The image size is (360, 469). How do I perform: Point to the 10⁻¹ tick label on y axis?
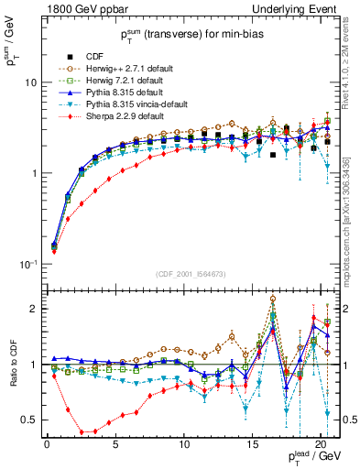(x=27, y=264)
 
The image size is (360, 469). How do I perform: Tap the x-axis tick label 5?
(x=115, y=446)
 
